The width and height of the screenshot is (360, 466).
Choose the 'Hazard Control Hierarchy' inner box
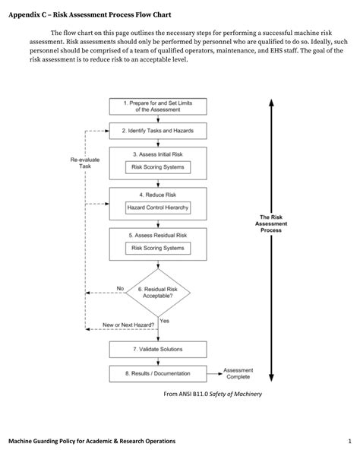point(158,208)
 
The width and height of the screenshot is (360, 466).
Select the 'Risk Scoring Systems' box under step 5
point(158,248)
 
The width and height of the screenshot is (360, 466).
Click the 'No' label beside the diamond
point(120,288)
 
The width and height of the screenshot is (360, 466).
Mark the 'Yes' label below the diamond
point(165,320)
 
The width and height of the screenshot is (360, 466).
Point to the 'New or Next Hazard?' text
point(129,325)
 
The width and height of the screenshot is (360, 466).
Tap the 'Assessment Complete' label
point(238,373)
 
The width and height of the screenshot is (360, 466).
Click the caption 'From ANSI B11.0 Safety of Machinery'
point(213,395)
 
